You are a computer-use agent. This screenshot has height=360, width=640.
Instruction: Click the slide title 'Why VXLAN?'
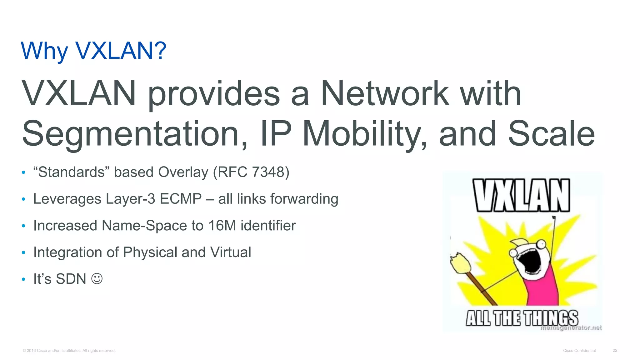point(93,51)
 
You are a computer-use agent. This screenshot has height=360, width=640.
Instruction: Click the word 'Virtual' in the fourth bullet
point(231,252)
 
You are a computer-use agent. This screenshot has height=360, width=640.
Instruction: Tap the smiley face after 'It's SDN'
point(97,279)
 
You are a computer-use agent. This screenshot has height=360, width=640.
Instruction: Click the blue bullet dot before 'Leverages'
point(23,199)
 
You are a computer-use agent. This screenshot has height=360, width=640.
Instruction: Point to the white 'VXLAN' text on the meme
point(521,196)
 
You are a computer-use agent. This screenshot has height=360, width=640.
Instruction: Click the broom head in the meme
point(459,262)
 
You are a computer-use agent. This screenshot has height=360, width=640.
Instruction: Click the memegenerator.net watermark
point(571,328)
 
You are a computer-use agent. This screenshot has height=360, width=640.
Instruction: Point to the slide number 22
point(615,351)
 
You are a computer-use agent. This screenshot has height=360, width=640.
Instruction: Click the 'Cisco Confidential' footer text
point(579,351)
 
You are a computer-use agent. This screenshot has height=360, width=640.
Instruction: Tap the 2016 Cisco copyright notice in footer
point(69,351)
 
